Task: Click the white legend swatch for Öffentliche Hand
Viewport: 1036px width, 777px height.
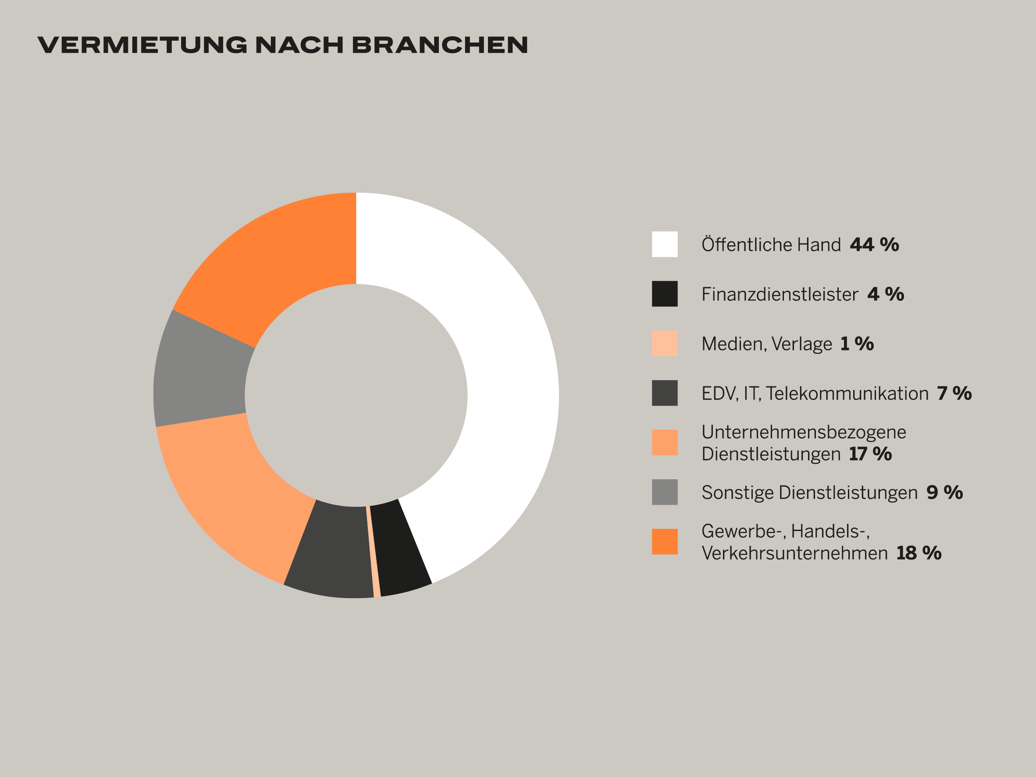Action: (665, 244)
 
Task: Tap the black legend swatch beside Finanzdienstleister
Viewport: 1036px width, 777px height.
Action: (665, 294)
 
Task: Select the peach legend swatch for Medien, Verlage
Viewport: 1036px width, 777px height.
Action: (665, 343)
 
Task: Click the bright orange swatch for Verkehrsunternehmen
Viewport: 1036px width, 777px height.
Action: (665, 542)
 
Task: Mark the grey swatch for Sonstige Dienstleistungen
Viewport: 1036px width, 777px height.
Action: (665, 492)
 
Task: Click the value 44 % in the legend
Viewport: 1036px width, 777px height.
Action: (874, 245)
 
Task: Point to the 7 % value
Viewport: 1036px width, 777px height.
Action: (954, 393)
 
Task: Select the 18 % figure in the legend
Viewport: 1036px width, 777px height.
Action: (919, 553)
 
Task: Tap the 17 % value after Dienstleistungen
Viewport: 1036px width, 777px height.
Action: (870, 454)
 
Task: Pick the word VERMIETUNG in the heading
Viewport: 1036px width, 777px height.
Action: (142, 45)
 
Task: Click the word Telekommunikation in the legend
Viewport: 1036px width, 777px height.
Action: (847, 393)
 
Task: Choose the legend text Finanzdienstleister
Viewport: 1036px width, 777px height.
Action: (780, 294)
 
